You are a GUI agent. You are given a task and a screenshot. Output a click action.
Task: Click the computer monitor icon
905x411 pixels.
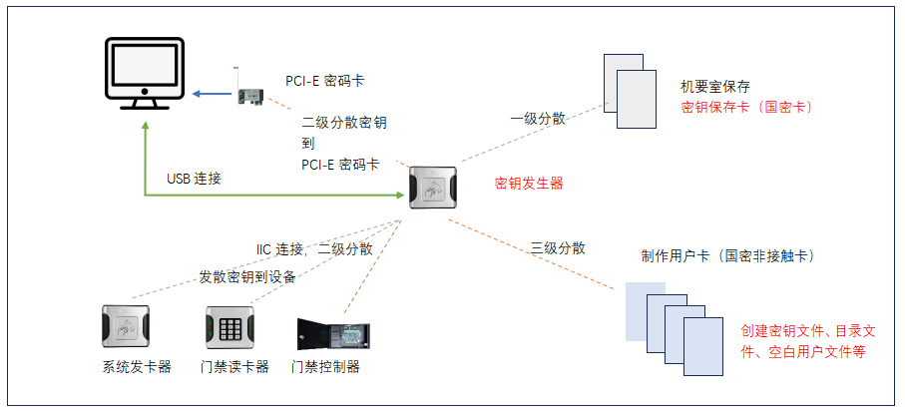[145, 76]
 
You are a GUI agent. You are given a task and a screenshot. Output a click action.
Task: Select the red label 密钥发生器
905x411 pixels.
[529, 184]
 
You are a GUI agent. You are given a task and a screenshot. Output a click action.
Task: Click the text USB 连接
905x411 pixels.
[194, 179]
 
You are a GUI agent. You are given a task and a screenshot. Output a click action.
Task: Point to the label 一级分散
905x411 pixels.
[538, 118]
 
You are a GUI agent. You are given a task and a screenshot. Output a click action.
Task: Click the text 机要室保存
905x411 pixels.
[714, 87]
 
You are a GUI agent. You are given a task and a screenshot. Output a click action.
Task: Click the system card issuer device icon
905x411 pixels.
[126, 326]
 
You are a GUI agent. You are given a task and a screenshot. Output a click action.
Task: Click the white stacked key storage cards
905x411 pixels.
[632, 91]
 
